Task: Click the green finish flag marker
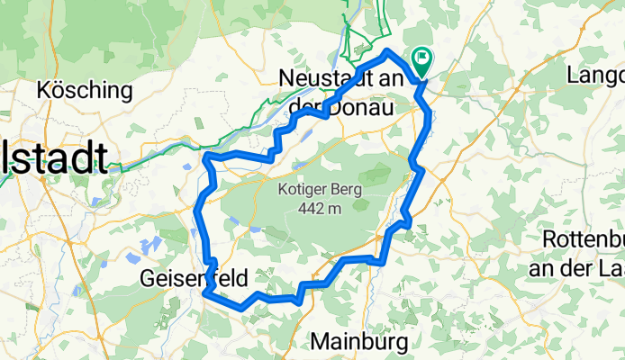[x=421, y=60]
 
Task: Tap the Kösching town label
[x=86, y=91]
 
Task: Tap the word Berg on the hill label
[x=346, y=190]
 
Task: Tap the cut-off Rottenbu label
[x=584, y=241]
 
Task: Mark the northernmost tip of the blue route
[x=387, y=51]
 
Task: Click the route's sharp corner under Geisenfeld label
[x=205, y=292]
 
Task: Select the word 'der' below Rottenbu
[x=581, y=267]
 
